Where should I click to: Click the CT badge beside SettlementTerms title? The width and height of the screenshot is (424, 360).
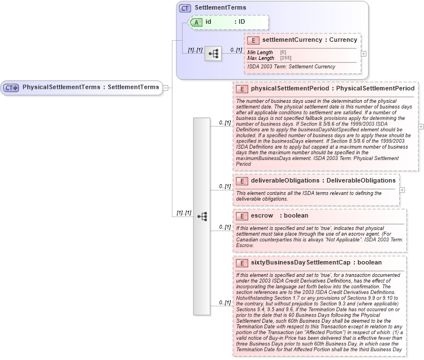click(185, 8)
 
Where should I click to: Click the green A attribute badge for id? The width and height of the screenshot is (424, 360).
click(196, 22)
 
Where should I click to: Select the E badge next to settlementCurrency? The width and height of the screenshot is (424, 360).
click(253, 40)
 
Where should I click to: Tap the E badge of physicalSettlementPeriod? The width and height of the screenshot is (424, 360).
click(242, 89)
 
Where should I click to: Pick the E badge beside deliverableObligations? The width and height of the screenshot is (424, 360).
click(242, 181)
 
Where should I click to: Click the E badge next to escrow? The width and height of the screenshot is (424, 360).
click(242, 216)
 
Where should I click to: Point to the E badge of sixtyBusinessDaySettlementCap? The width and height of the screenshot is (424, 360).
click(242, 263)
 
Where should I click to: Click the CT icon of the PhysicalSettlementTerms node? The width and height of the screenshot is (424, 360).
click(11, 88)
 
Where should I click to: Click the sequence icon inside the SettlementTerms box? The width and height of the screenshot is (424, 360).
click(213, 54)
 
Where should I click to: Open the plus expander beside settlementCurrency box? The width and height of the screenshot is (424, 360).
click(364, 54)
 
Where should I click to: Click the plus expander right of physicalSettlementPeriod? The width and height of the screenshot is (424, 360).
click(421, 126)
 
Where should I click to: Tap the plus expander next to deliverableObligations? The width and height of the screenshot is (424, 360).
click(402, 189)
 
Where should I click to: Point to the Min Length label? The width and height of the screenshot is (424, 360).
click(261, 53)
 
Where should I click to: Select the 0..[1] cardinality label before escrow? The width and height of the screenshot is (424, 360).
click(225, 227)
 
